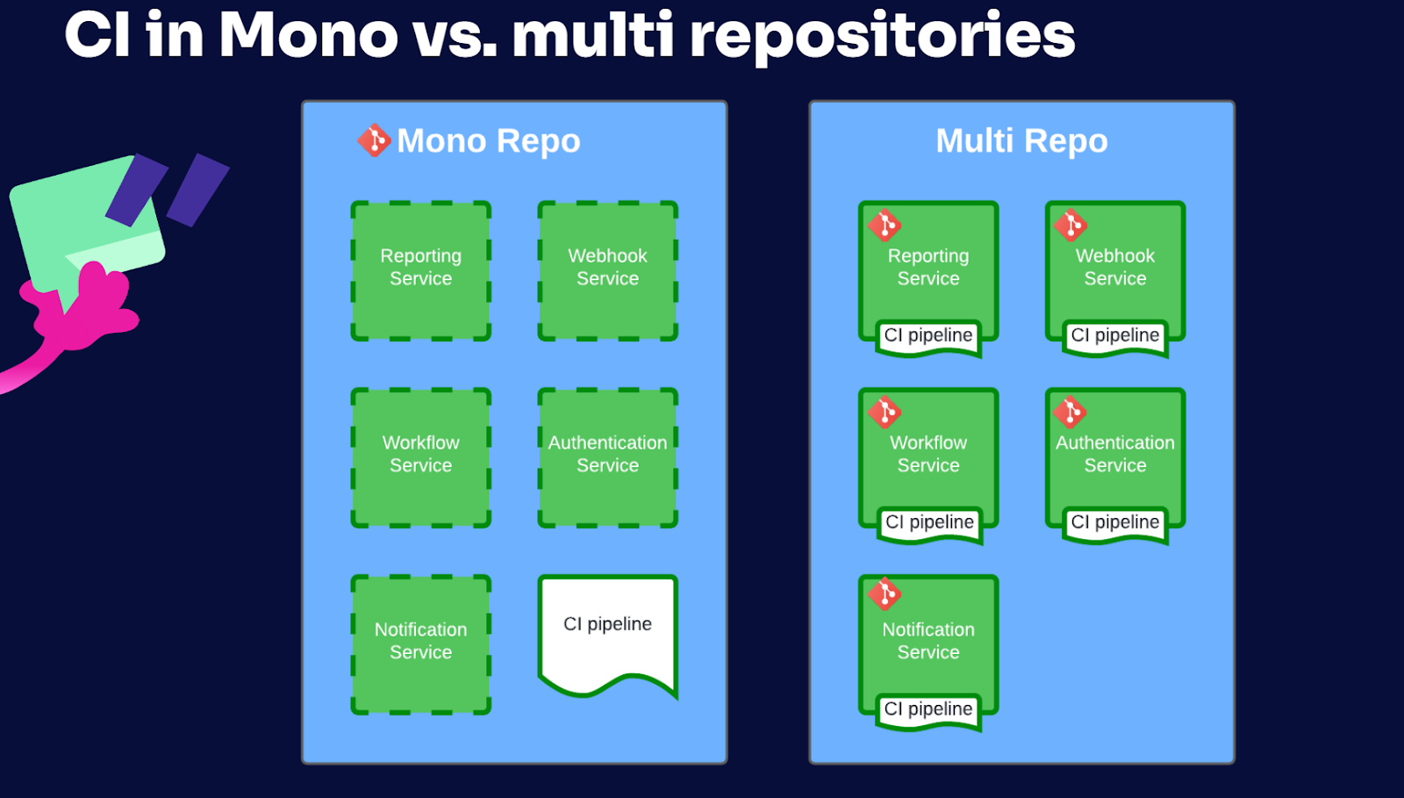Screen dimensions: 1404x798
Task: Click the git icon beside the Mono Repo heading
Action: pos(374,140)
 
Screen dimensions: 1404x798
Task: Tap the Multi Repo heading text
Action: pos(1021,140)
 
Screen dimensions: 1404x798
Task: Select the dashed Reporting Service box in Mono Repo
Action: pos(420,270)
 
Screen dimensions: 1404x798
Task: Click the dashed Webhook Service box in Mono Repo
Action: pos(607,270)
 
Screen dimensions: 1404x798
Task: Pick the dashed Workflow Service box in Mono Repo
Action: pos(420,457)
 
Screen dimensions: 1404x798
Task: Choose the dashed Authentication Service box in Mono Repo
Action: pos(607,457)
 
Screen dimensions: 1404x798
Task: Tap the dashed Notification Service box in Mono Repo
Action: pos(420,644)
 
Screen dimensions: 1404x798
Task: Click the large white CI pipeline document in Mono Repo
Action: pos(607,633)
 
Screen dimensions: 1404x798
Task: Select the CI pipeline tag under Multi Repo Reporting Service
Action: pos(928,337)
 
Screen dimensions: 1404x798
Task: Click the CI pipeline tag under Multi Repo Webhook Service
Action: pos(1115,337)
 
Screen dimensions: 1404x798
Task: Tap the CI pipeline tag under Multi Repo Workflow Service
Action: pos(929,524)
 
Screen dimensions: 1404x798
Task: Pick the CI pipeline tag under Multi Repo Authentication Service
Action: pos(1115,524)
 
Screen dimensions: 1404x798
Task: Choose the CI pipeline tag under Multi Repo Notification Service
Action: pos(928,711)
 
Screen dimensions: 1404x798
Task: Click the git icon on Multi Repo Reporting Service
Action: pos(885,225)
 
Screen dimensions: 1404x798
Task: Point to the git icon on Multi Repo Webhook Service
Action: pos(1071,225)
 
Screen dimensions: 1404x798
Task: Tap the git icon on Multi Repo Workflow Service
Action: pos(885,412)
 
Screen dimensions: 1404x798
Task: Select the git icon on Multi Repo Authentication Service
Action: pos(1071,412)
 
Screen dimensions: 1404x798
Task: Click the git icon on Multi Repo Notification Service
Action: pos(885,593)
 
